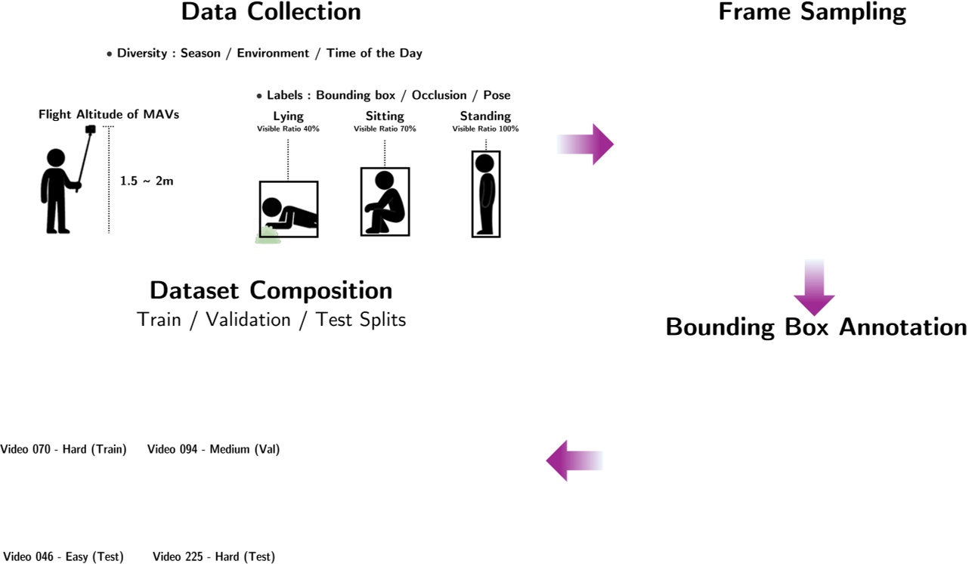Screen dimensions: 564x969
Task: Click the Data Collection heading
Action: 271,12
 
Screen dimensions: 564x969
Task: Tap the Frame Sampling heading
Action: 812,12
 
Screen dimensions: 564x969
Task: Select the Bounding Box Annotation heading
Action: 816,327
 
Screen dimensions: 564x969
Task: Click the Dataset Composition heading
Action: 271,290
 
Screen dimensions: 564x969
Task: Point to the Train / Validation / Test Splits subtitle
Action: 271,320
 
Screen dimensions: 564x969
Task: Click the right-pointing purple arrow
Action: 587,144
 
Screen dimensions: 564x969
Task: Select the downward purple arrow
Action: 814,288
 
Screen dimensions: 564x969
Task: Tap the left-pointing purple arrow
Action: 574,460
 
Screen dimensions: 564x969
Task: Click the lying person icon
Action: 290,215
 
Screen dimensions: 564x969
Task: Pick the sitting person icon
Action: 385,203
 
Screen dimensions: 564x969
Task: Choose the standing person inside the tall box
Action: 484,194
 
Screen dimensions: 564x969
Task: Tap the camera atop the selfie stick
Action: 91,130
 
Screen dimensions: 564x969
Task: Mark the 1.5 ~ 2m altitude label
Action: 147,181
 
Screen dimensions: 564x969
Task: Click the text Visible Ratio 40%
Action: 288,129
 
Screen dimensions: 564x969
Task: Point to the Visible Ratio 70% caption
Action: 385,129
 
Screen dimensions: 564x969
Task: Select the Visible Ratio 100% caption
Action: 485,129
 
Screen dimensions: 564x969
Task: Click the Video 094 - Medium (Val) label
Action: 213,449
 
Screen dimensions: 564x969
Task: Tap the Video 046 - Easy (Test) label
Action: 62,557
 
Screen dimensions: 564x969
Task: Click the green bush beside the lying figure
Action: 267,236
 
